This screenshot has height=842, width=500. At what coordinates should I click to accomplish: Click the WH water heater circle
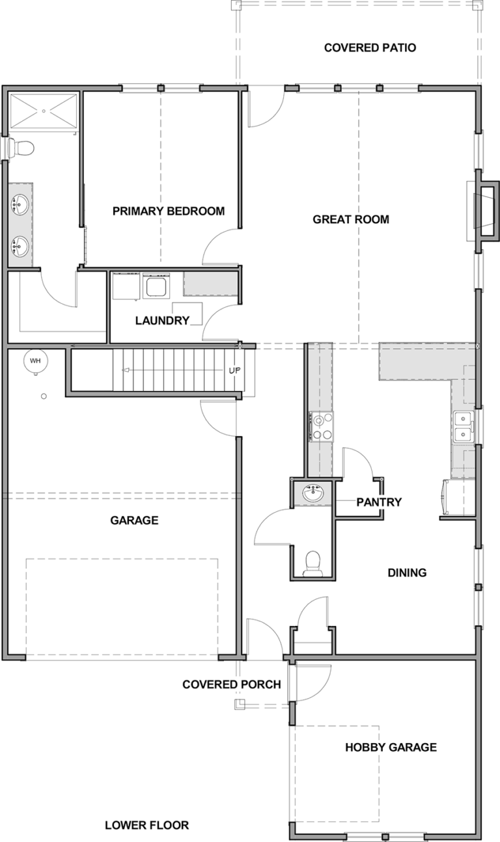[x=35, y=361]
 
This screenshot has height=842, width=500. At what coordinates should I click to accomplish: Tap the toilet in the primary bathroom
[x=21, y=148]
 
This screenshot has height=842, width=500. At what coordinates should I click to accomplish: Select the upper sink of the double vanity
[x=19, y=204]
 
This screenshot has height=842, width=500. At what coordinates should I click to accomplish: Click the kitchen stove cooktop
[x=322, y=426]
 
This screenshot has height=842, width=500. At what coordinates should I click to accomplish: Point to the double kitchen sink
[x=464, y=427]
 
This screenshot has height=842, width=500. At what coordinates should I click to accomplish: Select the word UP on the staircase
[x=234, y=371]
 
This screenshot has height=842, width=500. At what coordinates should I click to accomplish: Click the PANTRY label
[x=379, y=502]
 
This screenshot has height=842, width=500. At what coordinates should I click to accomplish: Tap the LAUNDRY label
[x=162, y=321]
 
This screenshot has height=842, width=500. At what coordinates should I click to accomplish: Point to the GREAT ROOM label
[x=351, y=219]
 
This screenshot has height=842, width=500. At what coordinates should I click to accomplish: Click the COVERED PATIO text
[x=370, y=48]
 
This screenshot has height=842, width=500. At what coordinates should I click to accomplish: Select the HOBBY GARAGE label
[x=391, y=747]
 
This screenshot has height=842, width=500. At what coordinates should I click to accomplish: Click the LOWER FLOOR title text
[x=146, y=825]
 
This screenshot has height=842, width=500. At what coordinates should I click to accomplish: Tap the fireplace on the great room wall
[x=485, y=211]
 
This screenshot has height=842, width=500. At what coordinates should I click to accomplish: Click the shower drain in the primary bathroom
[x=44, y=111]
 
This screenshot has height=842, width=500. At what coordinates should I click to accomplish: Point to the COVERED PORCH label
[x=232, y=685]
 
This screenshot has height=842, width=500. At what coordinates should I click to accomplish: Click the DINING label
[x=407, y=573]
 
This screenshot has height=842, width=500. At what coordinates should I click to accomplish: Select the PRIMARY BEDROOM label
[x=169, y=211]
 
